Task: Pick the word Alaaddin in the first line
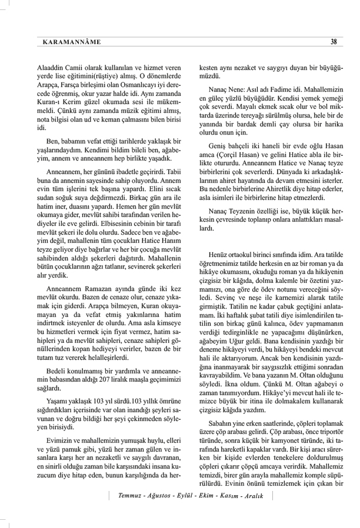tap(48, 68)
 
